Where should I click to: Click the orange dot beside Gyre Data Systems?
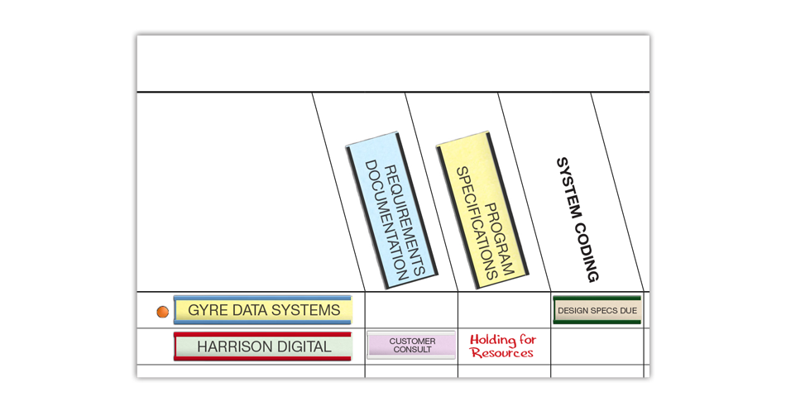pos(163,312)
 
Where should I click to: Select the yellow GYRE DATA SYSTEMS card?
pos(263,310)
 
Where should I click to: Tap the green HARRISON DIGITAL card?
pos(263,346)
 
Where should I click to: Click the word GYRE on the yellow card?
pos(207,310)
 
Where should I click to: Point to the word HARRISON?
pos(235,346)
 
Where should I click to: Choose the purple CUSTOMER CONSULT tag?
pos(411,345)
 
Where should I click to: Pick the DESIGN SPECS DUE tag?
pos(597,311)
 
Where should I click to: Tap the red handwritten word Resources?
pos(501,353)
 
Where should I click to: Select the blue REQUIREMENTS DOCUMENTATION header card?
pos(391,211)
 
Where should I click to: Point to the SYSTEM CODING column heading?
pos(577,219)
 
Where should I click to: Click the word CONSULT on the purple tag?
pos(411,350)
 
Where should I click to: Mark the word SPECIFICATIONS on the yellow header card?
pos(475,222)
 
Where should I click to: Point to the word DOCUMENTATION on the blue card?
pos(384,219)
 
